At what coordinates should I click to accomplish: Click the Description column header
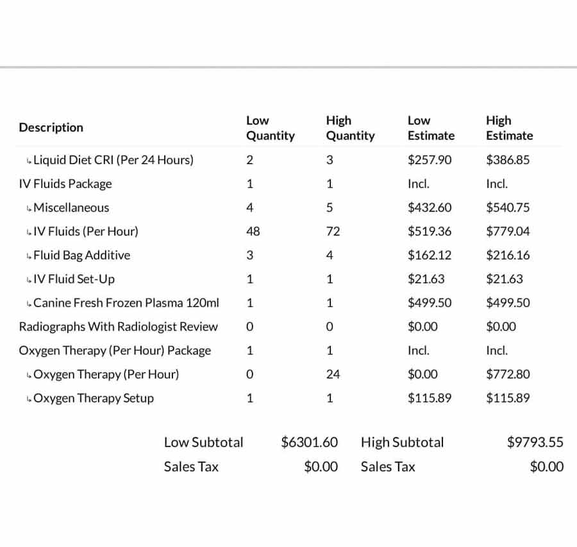(x=51, y=128)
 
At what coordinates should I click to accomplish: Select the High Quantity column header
(x=350, y=128)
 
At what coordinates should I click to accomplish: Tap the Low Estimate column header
(x=431, y=128)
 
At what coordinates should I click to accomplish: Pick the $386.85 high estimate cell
(x=508, y=160)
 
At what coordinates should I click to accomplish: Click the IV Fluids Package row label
(x=65, y=184)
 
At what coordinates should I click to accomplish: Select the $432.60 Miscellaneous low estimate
(x=430, y=208)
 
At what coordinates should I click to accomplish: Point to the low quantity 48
(x=253, y=231)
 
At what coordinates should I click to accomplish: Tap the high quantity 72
(x=333, y=231)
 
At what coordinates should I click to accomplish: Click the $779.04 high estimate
(x=508, y=231)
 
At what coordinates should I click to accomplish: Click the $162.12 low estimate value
(x=430, y=255)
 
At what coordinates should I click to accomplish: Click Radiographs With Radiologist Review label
(x=119, y=327)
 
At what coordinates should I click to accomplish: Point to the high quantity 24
(x=333, y=374)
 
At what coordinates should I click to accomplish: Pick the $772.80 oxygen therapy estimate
(x=508, y=374)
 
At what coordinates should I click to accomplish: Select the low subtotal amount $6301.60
(x=309, y=442)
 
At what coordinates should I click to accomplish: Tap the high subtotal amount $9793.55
(x=535, y=442)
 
